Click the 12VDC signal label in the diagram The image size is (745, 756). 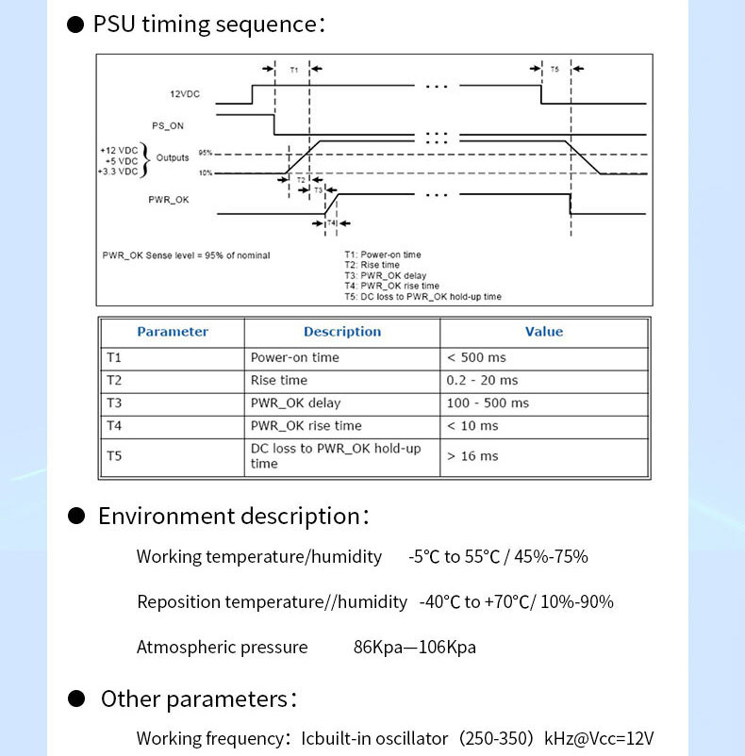click(184, 94)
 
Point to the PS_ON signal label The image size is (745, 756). click(167, 125)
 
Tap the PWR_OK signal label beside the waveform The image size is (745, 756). click(168, 200)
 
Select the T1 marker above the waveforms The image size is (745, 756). click(293, 70)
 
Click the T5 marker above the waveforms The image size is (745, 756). click(555, 70)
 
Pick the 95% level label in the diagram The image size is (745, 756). click(206, 153)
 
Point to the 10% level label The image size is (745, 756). click(206, 173)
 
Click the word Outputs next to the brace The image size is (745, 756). click(173, 157)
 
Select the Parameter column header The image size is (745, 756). click(173, 332)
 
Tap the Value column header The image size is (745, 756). click(544, 332)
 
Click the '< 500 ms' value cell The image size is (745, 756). click(476, 358)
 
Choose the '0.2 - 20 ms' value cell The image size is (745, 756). click(482, 381)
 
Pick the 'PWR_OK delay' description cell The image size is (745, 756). click(295, 403)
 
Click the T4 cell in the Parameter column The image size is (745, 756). click(114, 426)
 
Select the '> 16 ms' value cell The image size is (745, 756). click(472, 456)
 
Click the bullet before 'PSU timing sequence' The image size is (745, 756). click(75, 25)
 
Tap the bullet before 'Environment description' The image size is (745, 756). click(76, 516)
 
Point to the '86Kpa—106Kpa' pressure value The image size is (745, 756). click(415, 647)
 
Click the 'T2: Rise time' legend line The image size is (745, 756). click(372, 265)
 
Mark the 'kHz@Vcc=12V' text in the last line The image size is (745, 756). click(599, 739)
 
